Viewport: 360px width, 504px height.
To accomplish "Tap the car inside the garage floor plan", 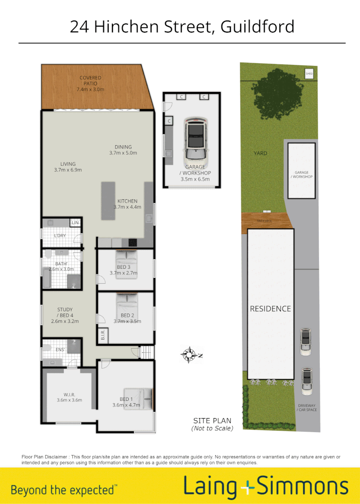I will tap(196, 139).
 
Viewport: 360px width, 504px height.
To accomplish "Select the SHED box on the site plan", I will tap(309, 74).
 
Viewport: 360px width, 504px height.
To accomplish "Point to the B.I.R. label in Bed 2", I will tap(103, 335).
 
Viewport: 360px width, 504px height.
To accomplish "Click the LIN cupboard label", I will tap(75, 223).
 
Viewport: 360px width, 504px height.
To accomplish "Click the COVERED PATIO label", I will tap(90, 84).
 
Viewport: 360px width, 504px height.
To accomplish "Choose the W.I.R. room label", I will tap(69, 397).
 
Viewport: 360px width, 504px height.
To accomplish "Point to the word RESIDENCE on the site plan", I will tap(270, 309).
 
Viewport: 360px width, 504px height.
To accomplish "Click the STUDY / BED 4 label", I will tap(65, 315).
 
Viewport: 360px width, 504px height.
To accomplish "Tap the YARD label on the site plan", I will tap(261, 153).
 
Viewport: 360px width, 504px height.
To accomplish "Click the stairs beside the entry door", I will tap(148, 352).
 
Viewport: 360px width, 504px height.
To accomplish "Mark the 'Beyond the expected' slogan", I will tap(64, 490).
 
